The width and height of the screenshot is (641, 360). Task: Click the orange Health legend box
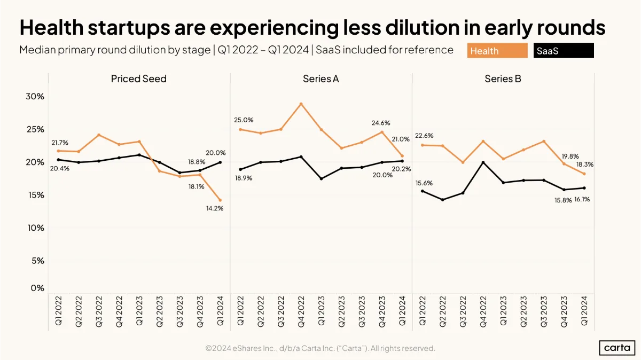coord(497,51)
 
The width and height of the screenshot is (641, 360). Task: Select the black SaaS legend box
coord(564,51)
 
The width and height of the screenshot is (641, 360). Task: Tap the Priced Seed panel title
coord(139,79)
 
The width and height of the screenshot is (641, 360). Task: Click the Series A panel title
coord(321,79)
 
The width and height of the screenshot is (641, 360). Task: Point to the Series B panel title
coord(503,79)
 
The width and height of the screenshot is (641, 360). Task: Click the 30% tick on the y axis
coord(35,97)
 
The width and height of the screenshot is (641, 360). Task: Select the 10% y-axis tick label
coord(36,228)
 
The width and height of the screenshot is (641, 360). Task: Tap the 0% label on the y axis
coord(37,287)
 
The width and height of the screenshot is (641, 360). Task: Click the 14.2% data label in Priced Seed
coord(215,208)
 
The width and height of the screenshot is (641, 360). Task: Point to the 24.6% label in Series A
coord(381,123)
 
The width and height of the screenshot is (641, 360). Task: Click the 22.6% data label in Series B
coord(424,136)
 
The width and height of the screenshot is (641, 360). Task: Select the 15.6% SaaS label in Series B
coord(424,183)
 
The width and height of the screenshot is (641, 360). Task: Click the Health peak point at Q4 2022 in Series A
coord(301,104)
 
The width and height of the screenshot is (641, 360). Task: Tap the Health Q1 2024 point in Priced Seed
coord(220,200)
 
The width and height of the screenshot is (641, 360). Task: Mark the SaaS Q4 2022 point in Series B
coord(483,162)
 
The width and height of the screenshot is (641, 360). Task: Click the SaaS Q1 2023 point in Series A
coord(321,178)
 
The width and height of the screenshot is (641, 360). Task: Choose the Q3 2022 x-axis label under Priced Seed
coord(99,311)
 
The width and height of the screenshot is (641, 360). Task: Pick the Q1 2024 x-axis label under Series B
coord(584,310)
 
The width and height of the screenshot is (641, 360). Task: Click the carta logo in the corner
coord(617,348)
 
